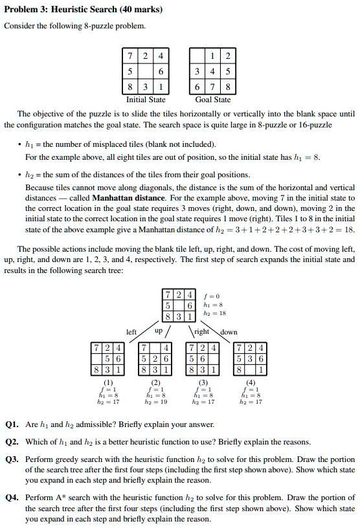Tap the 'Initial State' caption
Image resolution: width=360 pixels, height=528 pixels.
click(x=145, y=100)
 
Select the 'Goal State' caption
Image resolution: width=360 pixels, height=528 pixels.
click(x=213, y=100)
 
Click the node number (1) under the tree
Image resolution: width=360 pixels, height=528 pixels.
click(x=109, y=382)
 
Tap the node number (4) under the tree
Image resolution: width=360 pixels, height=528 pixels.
click(x=250, y=382)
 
